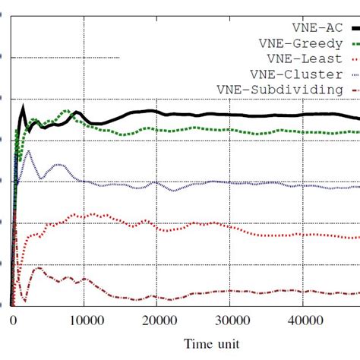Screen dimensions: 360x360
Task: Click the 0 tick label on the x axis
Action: click(12, 321)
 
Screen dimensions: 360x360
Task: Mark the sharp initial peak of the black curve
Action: click(23, 106)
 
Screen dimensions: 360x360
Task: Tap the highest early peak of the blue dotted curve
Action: click(29, 151)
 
